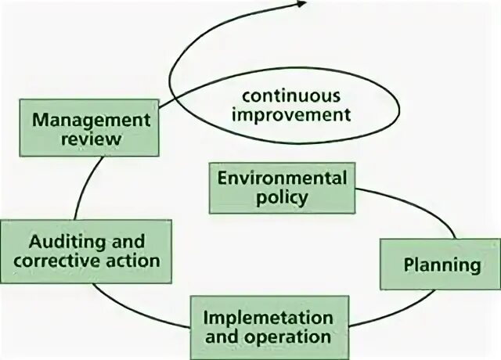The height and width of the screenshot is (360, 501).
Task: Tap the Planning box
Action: [441, 264]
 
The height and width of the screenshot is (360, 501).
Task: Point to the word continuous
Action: [290, 96]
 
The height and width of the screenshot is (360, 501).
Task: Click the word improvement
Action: [292, 116]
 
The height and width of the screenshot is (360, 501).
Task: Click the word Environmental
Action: [282, 177]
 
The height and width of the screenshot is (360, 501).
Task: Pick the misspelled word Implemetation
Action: [268, 318]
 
